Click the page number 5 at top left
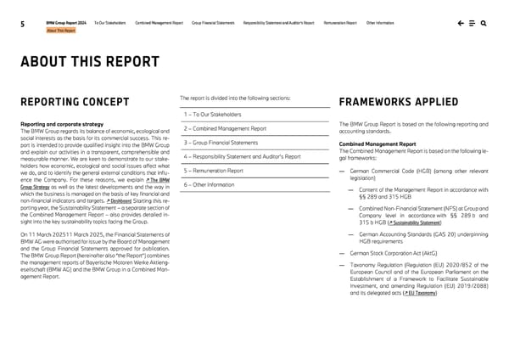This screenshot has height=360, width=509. click(20, 25)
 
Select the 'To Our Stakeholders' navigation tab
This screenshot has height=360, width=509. click(110, 22)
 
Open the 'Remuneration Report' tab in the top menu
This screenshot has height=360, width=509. click(340, 22)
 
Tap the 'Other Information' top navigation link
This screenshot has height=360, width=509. click(380, 22)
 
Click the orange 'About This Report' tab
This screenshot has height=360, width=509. click(61, 31)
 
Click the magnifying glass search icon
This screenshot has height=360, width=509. click(483, 23)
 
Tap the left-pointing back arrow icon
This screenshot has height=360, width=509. click(460, 23)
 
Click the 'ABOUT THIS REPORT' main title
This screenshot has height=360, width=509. click(91, 62)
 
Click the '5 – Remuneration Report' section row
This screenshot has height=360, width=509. click(213, 171)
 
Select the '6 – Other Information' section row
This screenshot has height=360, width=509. click(209, 184)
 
